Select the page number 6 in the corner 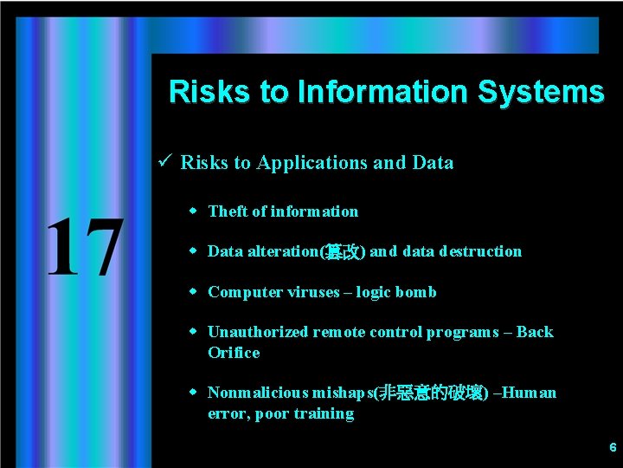613,448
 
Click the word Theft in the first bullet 227,211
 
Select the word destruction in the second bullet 480,251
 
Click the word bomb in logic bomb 416,292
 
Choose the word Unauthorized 258,332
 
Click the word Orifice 234,353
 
